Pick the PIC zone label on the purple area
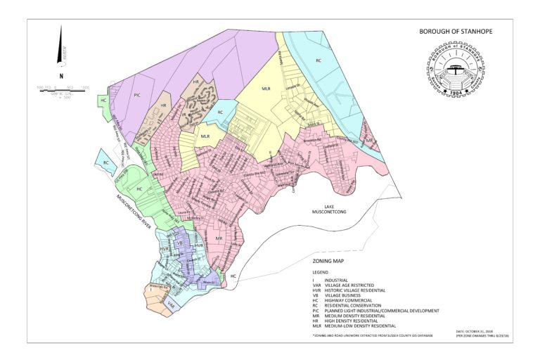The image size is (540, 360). tap(137, 94)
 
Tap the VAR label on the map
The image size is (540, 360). tap(171, 304)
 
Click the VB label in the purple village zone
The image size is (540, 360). tap(179, 243)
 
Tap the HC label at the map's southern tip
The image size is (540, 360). tap(233, 276)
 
